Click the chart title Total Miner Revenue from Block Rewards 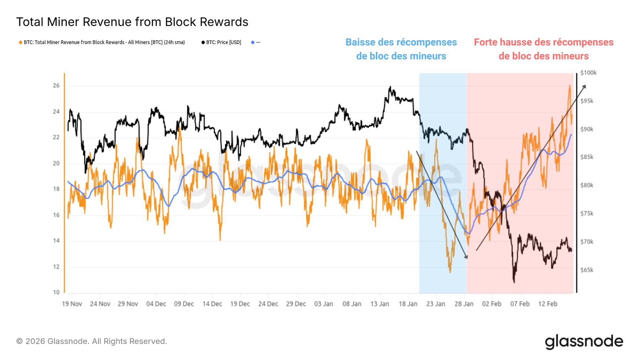click(x=132, y=22)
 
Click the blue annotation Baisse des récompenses click(x=401, y=49)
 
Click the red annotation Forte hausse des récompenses click(x=543, y=49)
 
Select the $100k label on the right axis click(x=588, y=73)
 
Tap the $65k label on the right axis click(x=587, y=270)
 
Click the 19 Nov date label click(x=72, y=304)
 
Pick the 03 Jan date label click(x=324, y=304)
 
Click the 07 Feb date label click(x=520, y=304)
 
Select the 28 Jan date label click(x=464, y=304)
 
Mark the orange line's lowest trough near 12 click(x=450, y=272)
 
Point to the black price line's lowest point click(x=514, y=282)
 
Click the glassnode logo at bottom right click(x=584, y=342)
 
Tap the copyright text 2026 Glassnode click(x=92, y=341)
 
